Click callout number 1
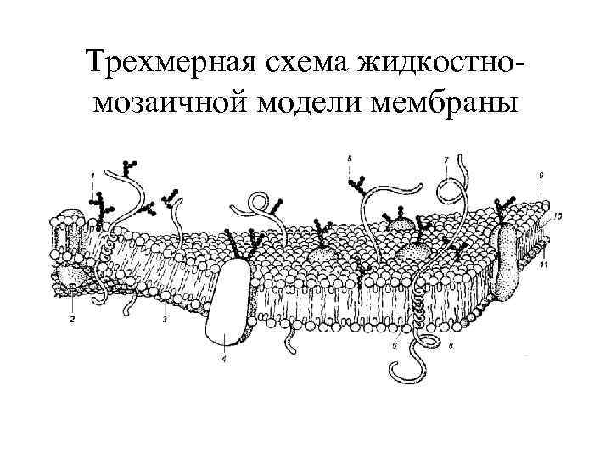[91, 174]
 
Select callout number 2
[72, 320]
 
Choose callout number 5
[350, 158]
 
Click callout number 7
[446, 159]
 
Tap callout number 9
[541, 174]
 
